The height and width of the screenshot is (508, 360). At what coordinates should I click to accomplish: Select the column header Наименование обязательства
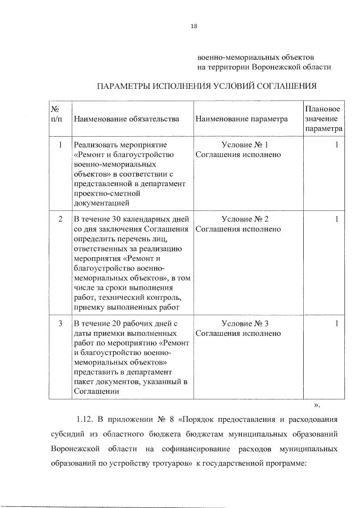click(126, 119)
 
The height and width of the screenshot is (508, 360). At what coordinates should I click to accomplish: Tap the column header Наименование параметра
click(241, 119)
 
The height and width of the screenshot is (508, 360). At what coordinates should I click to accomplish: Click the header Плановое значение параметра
click(323, 119)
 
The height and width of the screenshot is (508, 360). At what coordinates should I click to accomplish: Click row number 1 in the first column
click(60, 145)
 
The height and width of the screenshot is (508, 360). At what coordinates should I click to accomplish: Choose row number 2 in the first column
click(60, 219)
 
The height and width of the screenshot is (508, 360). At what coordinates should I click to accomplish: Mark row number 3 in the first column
click(60, 323)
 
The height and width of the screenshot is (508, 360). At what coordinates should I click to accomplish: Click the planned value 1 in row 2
click(336, 219)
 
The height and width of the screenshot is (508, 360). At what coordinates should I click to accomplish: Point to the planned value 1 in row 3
click(336, 323)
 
